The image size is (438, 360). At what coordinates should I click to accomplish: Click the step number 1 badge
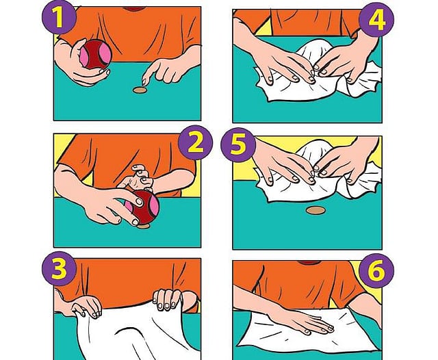tap(59, 17)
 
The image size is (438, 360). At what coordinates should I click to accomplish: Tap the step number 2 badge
tap(195, 143)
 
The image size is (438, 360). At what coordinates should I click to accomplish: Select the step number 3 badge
tap(59, 269)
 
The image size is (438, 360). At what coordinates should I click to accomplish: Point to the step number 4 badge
tap(376, 20)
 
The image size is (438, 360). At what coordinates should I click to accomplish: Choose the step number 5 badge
tap(238, 145)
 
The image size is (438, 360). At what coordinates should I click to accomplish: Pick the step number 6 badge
tap(376, 270)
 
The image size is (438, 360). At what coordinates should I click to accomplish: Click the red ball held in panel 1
tap(96, 55)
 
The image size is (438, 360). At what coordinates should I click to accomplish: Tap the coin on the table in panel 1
tap(140, 90)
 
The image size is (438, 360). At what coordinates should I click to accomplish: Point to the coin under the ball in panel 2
tap(143, 226)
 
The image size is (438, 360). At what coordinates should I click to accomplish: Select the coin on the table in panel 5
tap(315, 210)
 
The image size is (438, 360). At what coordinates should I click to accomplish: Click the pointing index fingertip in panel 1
tap(144, 82)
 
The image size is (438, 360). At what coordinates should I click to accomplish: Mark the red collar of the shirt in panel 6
tap(309, 263)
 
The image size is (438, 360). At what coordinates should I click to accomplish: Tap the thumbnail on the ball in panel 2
tap(139, 201)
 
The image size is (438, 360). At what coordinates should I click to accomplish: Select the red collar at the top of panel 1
tap(133, 9)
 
